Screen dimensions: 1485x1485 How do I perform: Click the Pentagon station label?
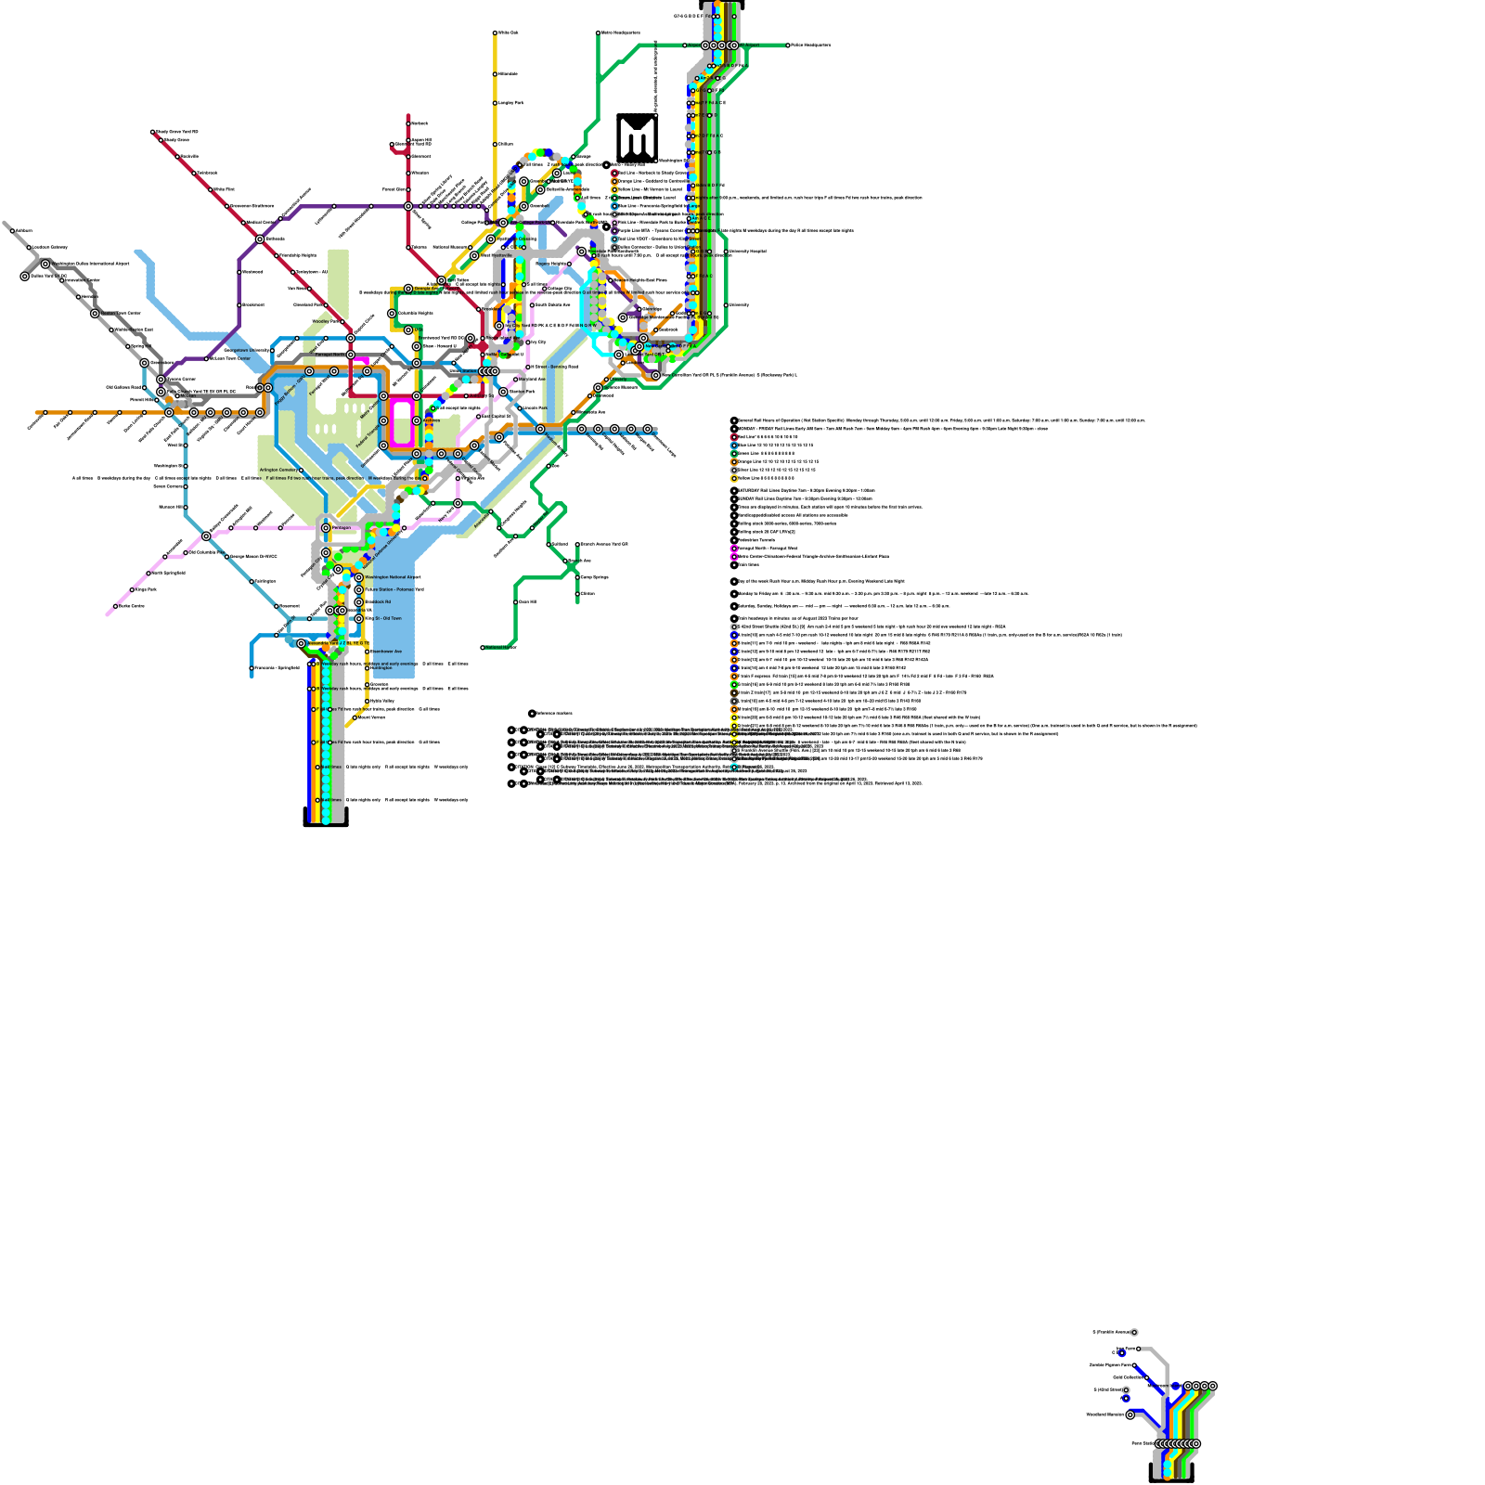(342, 527)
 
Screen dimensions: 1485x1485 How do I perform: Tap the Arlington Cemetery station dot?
(301, 471)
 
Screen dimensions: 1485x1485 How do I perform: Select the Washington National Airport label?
(392, 577)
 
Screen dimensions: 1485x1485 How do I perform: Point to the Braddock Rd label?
(378, 601)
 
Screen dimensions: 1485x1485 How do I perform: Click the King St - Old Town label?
(383, 618)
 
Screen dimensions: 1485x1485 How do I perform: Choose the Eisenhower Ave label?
(386, 652)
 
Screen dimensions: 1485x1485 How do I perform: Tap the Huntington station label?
(382, 667)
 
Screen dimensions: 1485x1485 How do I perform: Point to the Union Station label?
(463, 371)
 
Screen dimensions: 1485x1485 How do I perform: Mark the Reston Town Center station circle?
(95, 314)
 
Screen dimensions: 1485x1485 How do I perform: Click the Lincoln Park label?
(535, 408)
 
